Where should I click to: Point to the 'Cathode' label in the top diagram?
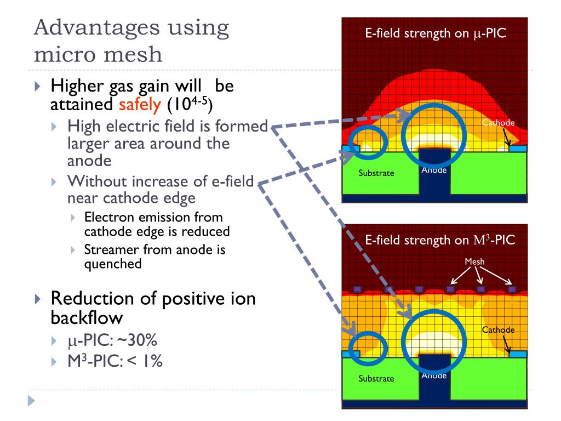coord(498,122)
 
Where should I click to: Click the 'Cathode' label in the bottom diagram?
coord(498,329)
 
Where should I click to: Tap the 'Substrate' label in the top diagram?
coord(376,173)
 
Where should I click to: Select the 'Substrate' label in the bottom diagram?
coord(376,378)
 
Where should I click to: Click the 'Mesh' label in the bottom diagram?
coord(474,261)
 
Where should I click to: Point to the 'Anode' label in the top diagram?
coord(434,170)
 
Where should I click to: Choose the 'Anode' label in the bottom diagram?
coord(434,376)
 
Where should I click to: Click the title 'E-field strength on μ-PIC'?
coord(435,33)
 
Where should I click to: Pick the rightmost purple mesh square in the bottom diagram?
coord(512,288)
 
